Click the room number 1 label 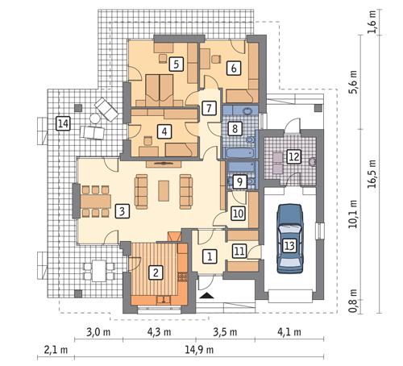[210, 256]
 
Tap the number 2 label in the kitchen [156, 272]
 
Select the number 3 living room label [121, 211]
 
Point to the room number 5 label [164, 131]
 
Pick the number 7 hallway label [234, 68]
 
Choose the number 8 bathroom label [208, 106]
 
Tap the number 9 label [234, 127]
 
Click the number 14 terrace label [238, 214]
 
